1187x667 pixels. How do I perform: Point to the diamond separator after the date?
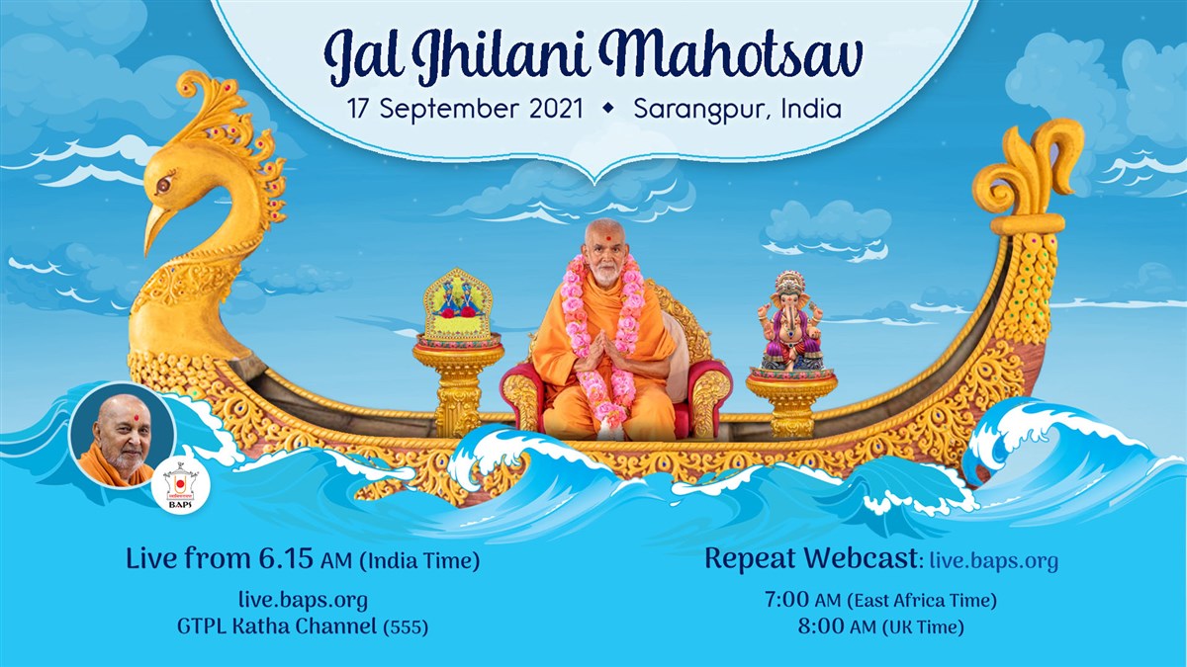tap(608, 108)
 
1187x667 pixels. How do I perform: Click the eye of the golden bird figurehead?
tap(164, 184)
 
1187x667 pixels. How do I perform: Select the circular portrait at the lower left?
tap(123, 435)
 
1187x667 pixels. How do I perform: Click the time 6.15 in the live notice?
tap(286, 559)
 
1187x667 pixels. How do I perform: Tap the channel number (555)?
tap(406, 627)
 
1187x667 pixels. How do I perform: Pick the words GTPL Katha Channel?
tap(277, 626)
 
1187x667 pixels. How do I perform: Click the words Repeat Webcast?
tap(811, 558)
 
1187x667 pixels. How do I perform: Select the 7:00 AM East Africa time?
tap(880, 601)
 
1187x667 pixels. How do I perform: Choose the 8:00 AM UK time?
tap(880, 626)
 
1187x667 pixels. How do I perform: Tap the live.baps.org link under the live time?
tap(303, 601)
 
